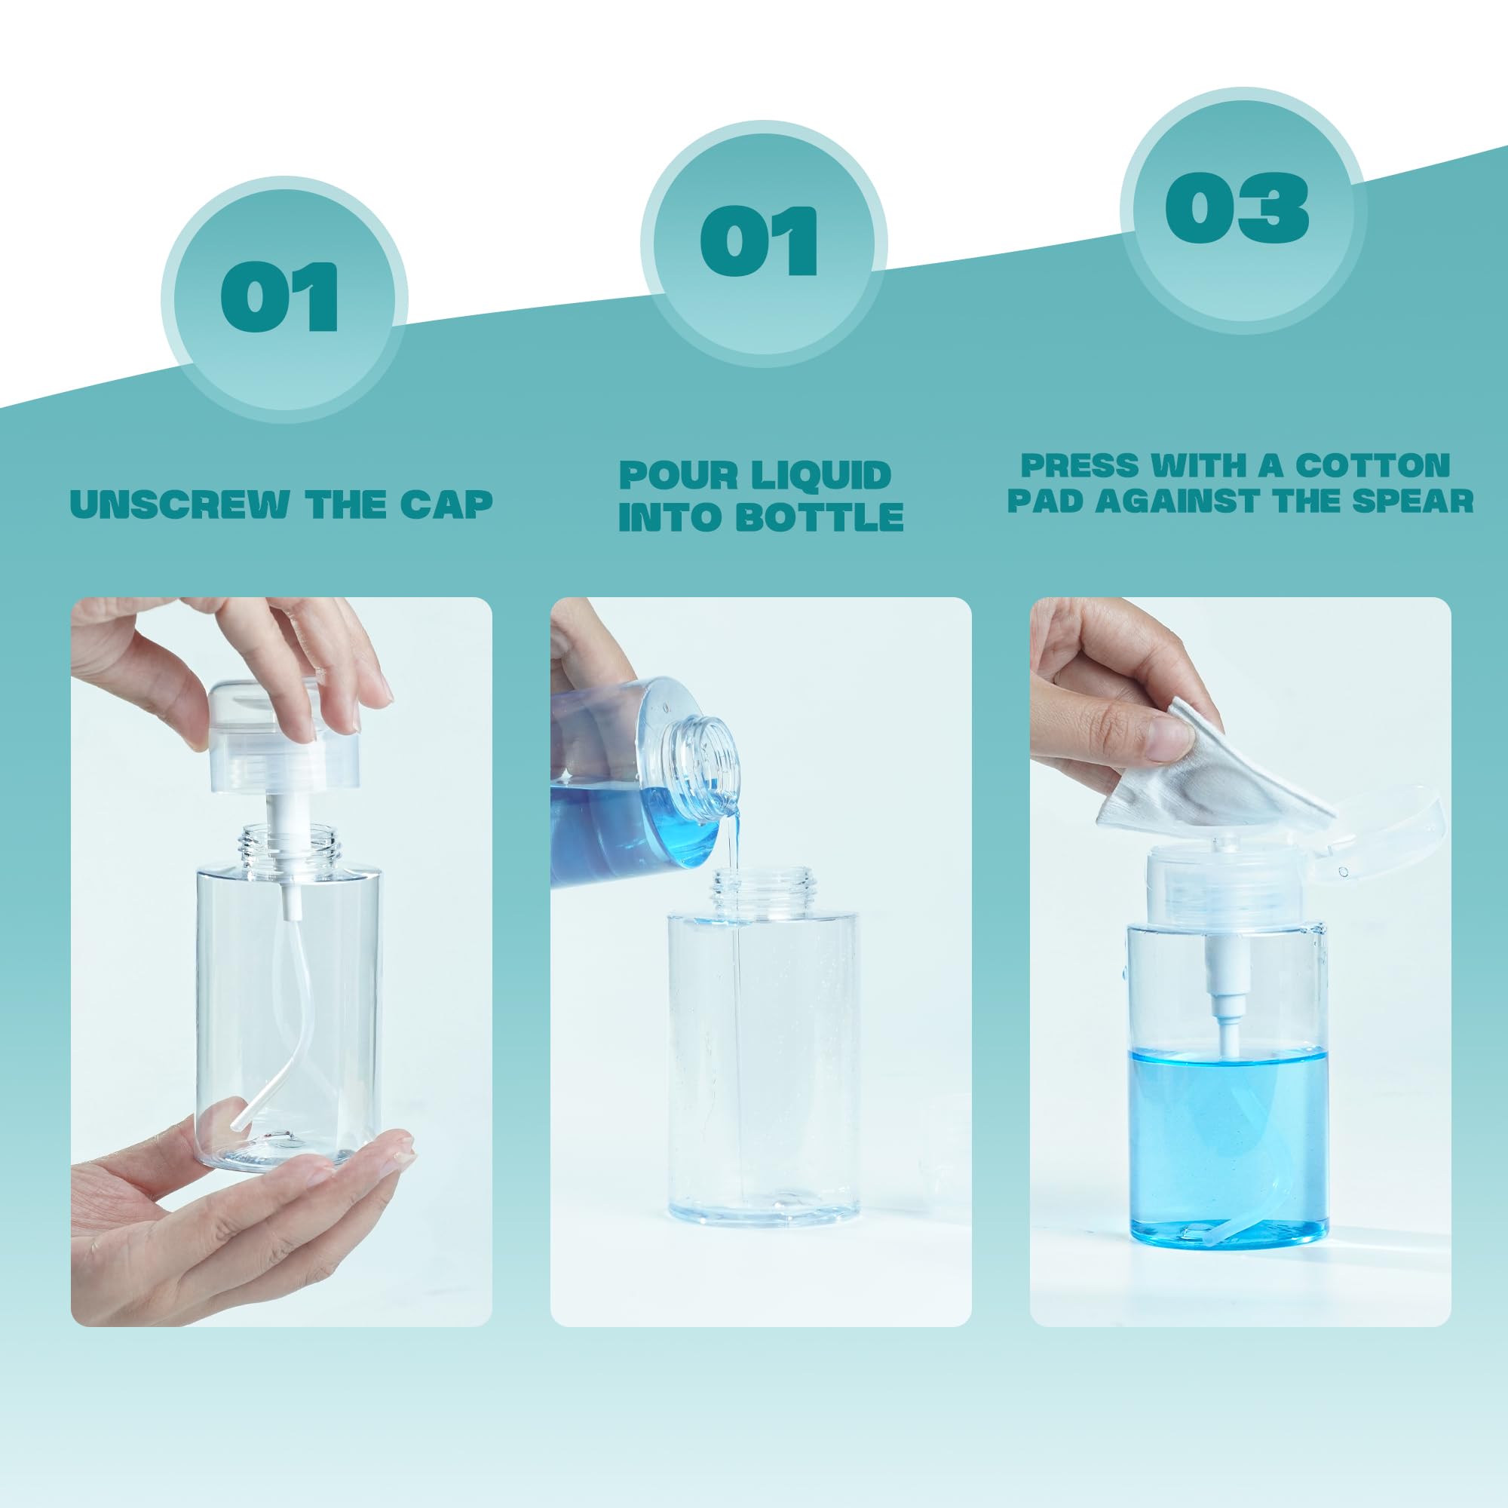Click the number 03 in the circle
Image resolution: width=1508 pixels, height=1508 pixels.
[x=1237, y=207]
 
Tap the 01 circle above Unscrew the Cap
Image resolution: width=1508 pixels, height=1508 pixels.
[x=284, y=300]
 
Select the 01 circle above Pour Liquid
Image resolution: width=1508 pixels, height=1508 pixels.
[x=763, y=243]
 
